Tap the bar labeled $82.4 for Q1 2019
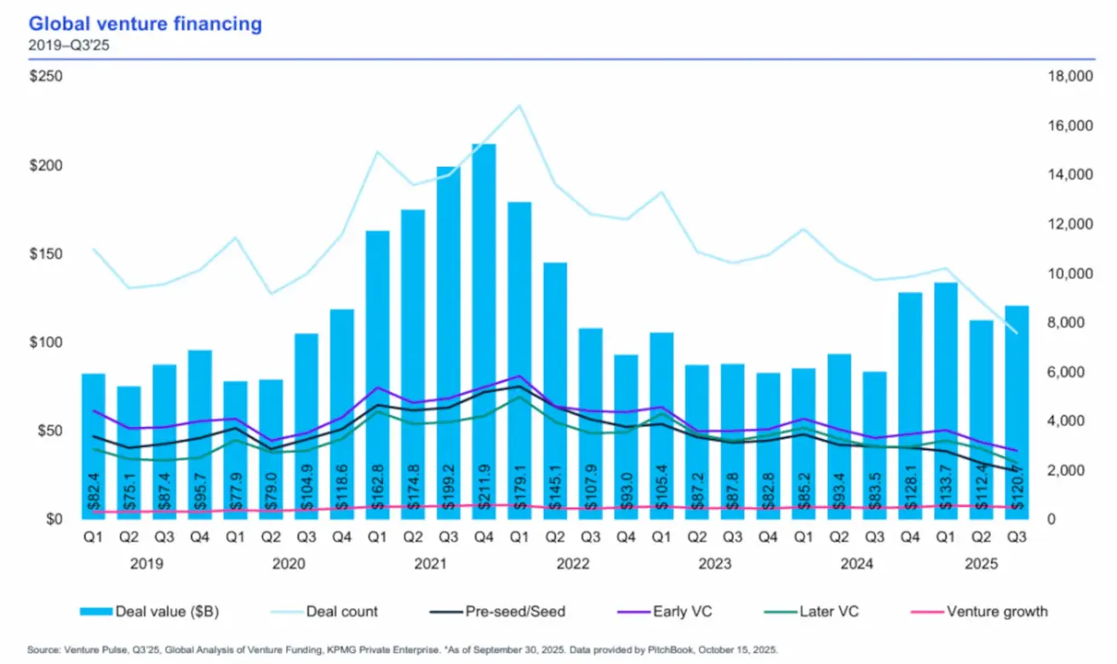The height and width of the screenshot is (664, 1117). pyautogui.click(x=94, y=443)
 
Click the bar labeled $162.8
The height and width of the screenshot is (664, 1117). pyautogui.click(x=377, y=375)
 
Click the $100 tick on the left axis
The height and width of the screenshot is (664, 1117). pyautogui.click(x=46, y=342)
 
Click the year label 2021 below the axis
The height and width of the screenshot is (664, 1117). pyautogui.click(x=429, y=564)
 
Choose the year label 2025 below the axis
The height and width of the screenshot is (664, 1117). pyautogui.click(x=981, y=564)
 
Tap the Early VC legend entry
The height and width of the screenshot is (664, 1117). pyautogui.click(x=681, y=611)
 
